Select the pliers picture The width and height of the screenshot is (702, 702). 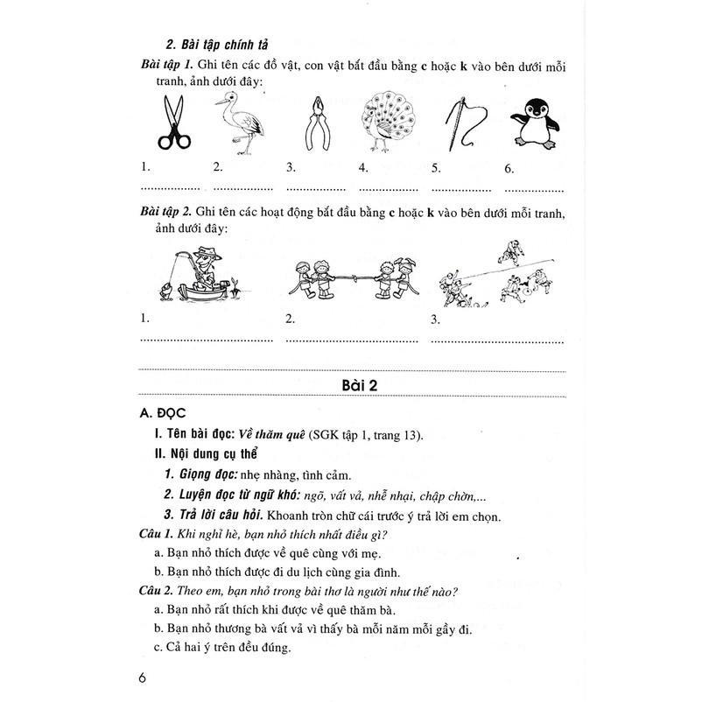(316, 125)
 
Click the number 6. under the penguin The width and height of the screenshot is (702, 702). (509, 169)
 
